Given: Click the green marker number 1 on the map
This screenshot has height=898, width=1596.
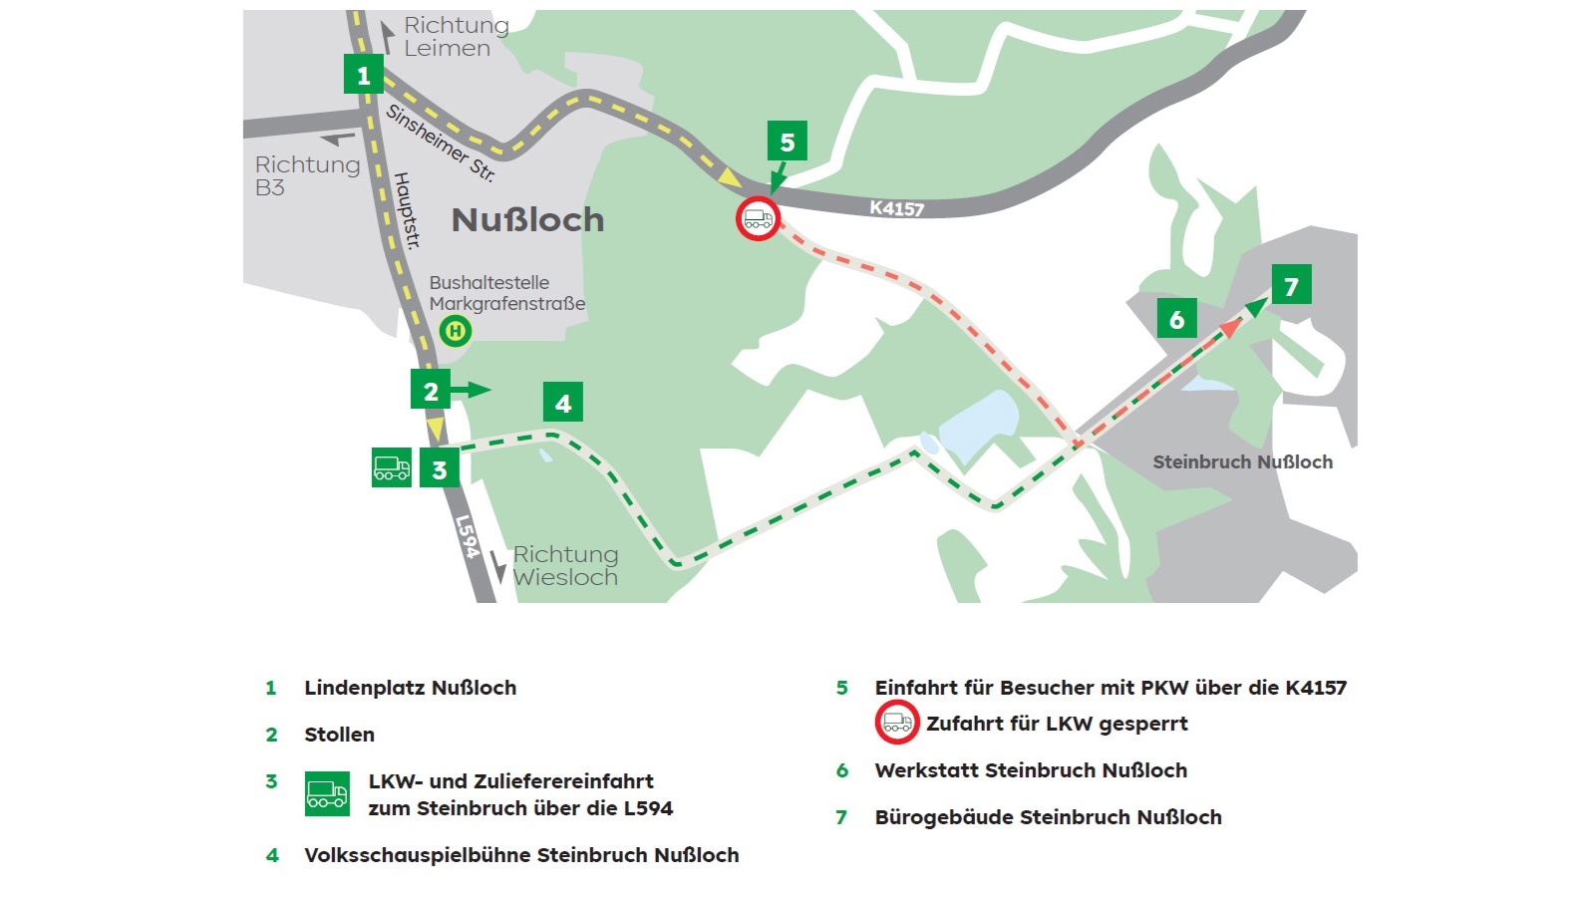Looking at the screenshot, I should tap(363, 75).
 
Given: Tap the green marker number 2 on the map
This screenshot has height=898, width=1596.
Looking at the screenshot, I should tap(431, 391).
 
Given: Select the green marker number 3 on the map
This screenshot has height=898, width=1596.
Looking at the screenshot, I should tap(439, 468).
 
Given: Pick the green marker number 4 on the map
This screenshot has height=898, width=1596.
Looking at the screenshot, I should tap(563, 403).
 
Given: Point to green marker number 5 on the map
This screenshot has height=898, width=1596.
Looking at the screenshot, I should tap(787, 142).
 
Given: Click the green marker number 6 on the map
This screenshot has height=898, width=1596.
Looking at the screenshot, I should tap(1176, 319).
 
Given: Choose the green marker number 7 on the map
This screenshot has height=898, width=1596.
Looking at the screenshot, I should tap(1291, 286).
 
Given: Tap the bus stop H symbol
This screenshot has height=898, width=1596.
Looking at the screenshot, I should tap(456, 331).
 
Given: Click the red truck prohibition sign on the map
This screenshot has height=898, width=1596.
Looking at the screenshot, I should tap(758, 218).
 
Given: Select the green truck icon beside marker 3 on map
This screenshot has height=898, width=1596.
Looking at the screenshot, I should tap(391, 467).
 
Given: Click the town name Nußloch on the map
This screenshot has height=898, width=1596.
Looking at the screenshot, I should tap(527, 220).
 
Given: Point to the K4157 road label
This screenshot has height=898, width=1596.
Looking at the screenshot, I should tap(896, 208).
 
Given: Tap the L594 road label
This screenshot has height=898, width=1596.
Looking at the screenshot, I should tap(467, 536).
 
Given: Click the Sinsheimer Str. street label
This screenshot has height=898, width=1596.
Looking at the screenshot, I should tap(440, 144).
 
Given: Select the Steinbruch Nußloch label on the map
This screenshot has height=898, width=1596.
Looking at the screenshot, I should tap(1242, 462).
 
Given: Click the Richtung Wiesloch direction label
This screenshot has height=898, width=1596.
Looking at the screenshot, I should tap(565, 566).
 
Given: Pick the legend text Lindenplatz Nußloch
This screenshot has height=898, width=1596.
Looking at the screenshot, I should tap(410, 688).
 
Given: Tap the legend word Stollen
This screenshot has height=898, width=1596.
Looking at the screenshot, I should tap(339, 735).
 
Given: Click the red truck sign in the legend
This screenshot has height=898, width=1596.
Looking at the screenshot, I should tap(896, 724).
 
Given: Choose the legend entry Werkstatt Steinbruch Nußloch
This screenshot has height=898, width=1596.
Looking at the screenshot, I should tap(1031, 770).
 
